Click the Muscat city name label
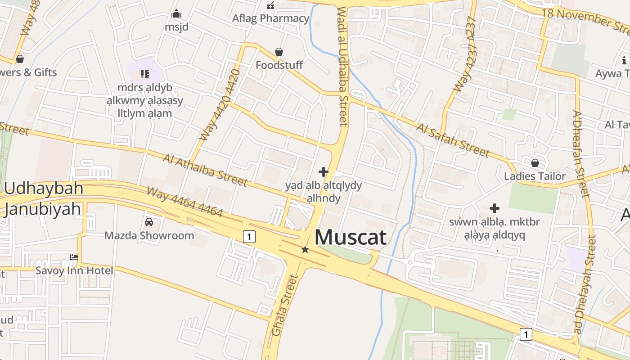351,237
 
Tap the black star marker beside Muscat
305,249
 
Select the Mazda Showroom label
149,235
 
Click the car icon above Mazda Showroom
149,222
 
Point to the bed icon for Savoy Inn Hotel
74,257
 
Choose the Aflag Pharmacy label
270,18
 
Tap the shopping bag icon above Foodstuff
279,52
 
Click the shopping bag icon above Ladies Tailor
535,162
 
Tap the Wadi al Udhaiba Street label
342,66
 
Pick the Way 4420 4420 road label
220,104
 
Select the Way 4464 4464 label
185,202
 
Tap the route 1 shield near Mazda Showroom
249,236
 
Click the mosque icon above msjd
176,14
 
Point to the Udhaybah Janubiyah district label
44,198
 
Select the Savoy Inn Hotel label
74,270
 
